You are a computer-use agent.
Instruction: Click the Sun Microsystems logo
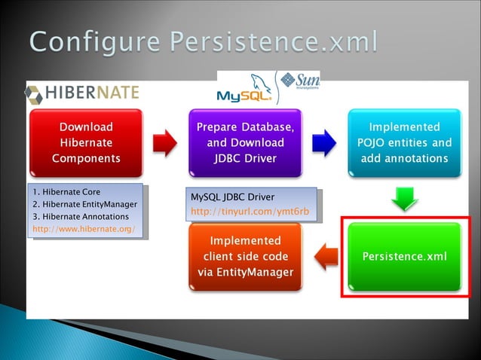(x=299, y=81)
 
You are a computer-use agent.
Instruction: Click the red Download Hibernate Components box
(x=86, y=142)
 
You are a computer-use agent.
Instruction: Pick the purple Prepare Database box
(x=245, y=142)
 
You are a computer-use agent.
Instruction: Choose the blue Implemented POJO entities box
(x=404, y=142)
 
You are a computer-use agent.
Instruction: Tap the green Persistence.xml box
(x=404, y=256)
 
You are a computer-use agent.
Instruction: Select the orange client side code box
(x=245, y=256)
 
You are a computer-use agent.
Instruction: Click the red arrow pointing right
(x=164, y=143)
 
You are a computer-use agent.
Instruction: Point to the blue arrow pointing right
(x=324, y=143)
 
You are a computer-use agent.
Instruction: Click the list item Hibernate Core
(x=71, y=192)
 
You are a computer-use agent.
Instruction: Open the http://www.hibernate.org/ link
(x=84, y=228)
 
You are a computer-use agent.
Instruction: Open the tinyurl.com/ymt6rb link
(x=250, y=212)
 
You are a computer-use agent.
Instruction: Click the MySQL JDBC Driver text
(x=233, y=197)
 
